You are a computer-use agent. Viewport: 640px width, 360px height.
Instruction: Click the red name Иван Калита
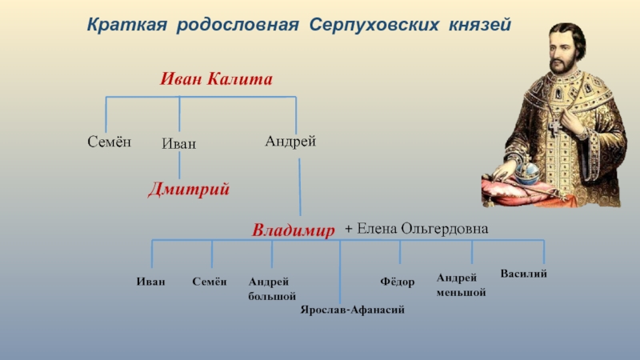click(217, 79)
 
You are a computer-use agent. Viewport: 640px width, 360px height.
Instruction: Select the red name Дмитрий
click(190, 190)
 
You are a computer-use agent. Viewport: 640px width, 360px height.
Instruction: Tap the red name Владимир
click(293, 231)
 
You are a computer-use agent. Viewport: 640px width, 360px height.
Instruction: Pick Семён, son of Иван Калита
click(109, 142)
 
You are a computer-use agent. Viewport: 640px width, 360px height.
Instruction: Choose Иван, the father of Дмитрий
click(179, 144)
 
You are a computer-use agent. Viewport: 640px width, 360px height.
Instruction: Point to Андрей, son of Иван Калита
click(290, 141)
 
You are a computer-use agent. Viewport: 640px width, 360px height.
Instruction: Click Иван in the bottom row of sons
click(151, 282)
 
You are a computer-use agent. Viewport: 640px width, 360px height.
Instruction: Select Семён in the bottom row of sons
click(210, 282)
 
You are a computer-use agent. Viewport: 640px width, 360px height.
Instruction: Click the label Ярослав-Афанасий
click(353, 309)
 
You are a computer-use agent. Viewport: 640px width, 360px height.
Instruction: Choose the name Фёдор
click(397, 282)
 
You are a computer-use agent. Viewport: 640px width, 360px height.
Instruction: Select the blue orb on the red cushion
click(529, 172)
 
